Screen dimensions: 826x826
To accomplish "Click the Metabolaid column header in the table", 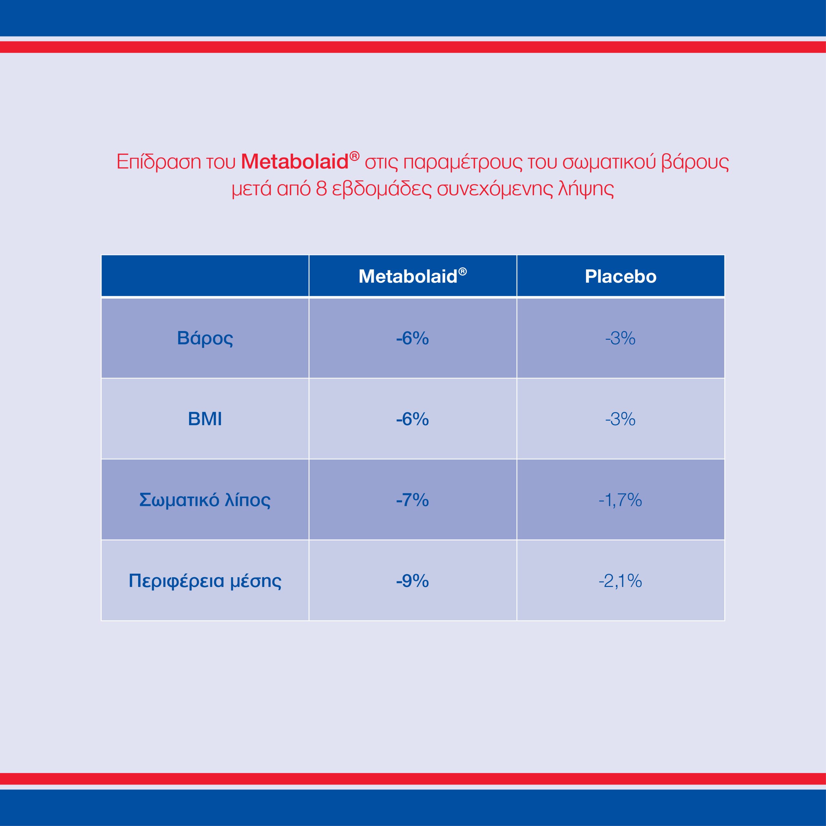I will tap(412, 276).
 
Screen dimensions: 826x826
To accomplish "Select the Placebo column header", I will tap(620, 276).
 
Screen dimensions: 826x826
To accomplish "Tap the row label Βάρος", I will tap(205, 338).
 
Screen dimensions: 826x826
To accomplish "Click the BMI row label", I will tap(205, 419).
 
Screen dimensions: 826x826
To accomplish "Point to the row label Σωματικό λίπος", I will tap(205, 500).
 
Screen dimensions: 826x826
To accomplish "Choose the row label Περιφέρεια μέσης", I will tap(205, 580).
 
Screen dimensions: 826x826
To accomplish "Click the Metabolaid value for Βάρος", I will tap(412, 338).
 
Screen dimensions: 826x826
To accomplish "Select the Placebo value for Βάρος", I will tap(620, 338).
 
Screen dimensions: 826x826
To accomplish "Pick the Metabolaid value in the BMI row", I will tap(412, 419).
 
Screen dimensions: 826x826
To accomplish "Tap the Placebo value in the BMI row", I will tap(620, 419).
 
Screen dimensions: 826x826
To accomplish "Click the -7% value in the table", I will tap(412, 500).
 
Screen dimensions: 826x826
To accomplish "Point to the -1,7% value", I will tap(620, 500).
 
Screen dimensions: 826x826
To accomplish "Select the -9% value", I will tap(412, 580).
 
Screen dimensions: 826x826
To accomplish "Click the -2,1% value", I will tap(620, 580).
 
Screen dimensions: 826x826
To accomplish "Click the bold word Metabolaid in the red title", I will tap(295, 162).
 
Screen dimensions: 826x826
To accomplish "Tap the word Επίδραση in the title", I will tap(159, 162).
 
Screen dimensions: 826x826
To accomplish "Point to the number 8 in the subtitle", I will tap(321, 188).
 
